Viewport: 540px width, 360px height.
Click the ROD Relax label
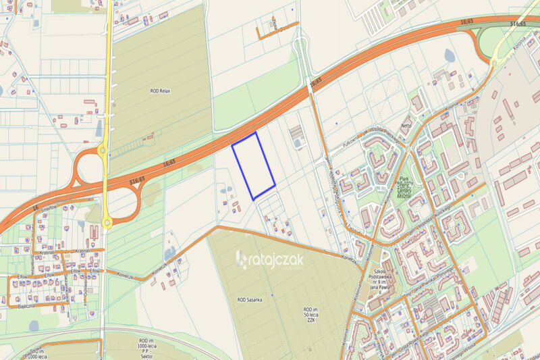pos(159,88)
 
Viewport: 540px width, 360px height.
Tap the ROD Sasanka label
pos(250,299)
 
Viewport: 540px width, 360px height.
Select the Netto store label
pos(406,126)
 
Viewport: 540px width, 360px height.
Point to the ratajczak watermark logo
pos(269,259)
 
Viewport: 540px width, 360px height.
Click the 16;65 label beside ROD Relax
pos(169,162)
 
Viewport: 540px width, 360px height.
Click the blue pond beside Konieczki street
pos(169,255)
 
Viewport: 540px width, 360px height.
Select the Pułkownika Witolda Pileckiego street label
pos(368,135)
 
